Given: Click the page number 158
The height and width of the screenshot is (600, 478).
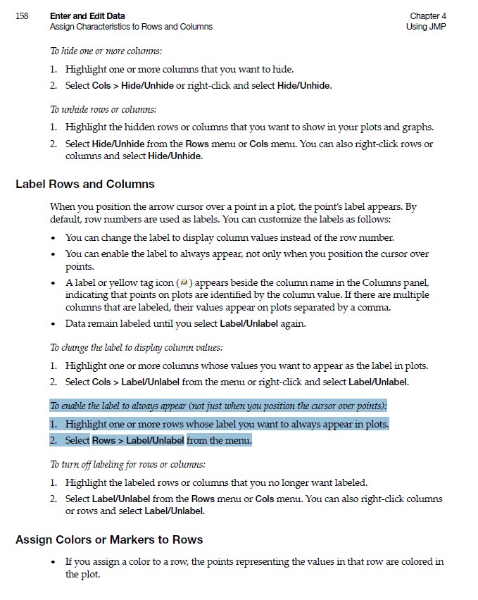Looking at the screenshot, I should (21, 16).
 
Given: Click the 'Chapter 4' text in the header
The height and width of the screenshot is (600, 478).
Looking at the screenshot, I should (428, 16).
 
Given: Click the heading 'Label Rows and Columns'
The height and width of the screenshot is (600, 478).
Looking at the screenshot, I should (85, 185).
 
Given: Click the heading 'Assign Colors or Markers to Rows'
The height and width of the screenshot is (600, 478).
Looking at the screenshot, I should (109, 540).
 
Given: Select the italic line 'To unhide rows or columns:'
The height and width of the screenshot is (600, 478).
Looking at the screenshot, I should (103, 110).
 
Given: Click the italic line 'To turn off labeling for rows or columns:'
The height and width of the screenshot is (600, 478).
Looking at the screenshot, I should (127, 465).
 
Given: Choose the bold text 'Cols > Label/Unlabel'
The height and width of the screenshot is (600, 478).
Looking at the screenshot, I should (136, 382).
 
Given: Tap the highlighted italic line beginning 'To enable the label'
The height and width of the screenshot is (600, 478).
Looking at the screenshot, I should (218, 406).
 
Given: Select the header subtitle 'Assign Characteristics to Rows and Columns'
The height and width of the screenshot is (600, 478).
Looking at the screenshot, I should (131, 27).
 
